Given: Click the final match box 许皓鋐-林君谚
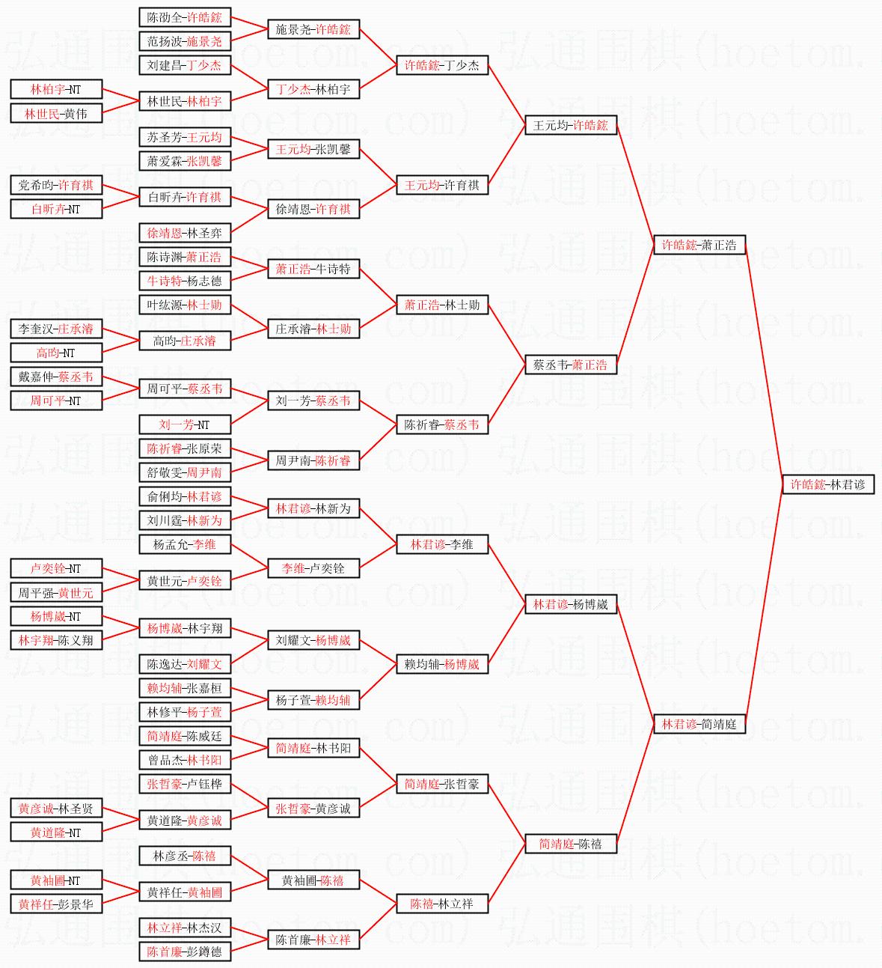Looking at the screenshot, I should pyautogui.click(x=827, y=484).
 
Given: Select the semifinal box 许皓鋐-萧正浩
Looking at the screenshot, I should pyautogui.click(x=699, y=245).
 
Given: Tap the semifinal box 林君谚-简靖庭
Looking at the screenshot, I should pyautogui.click(x=699, y=724).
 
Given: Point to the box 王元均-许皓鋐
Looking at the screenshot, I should pyautogui.click(x=571, y=125).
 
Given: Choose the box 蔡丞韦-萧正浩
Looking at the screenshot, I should pyautogui.click(x=571, y=365).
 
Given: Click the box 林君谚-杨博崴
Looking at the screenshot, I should pyautogui.click(x=571, y=604).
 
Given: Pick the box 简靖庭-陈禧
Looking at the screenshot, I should pyautogui.click(x=571, y=844).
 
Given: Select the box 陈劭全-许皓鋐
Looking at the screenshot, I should pyautogui.click(x=185, y=17).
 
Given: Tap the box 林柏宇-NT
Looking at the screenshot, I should pyautogui.click(x=56, y=89).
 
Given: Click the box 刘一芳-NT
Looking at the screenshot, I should pyautogui.click(x=185, y=424).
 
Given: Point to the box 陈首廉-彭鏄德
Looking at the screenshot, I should pyautogui.click(x=185, y=952).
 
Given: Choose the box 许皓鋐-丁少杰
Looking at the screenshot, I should pyautogui.click(x=442, y=65).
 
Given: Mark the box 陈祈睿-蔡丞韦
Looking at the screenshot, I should pyautogui.click(x=442, y=424).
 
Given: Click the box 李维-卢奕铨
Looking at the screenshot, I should pyautogui.click(x=313, y=568).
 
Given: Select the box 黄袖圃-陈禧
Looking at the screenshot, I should pyautogui.click(x=313, y=880).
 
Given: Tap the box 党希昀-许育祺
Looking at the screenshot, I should pyautogui.click(x=56, y=185).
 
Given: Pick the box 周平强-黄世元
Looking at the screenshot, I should pyautogui.click(x=56, y=592).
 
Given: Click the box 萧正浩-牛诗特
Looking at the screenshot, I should pyautogui.click(x=313, y=269).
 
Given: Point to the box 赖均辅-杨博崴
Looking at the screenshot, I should pyautogui.click(x=442, y=664).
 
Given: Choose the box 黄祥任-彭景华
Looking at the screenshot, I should pyautogui.click(x=56, y=904).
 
